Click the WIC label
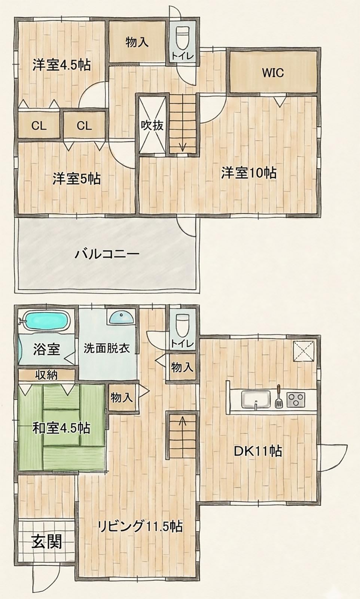272,73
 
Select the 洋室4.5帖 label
62,65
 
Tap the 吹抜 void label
152,125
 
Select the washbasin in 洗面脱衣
122,317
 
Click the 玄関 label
47,542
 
